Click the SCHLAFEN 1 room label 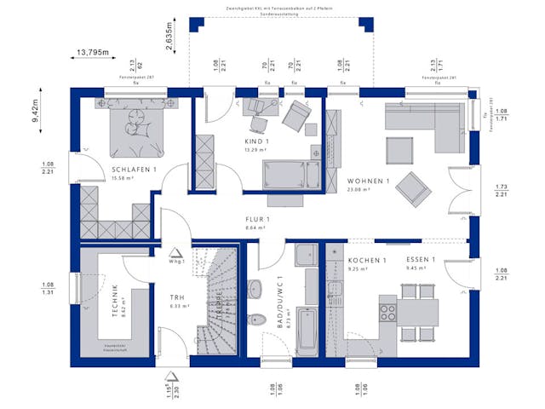pyautogui.click(x=135, y=170)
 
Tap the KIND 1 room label pyautogui.click(x=256, y=141)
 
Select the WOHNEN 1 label pyautogui.click(x=368, y=181)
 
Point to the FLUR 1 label pyautogui.click(x=256, y=221)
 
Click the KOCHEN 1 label pyautogui.click(x=367, y=260)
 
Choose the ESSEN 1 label pyautogui.click(x=421, y=260)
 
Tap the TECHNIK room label pyautogui.click(x=114, y=300)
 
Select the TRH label pyautogui.click(x=176, y=298)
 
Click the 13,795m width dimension pyautogui.click(x=93, y=53)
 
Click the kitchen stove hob pyautogui.click(x=388, y=311)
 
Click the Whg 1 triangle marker pyautogui.click(x=176, y=252)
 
